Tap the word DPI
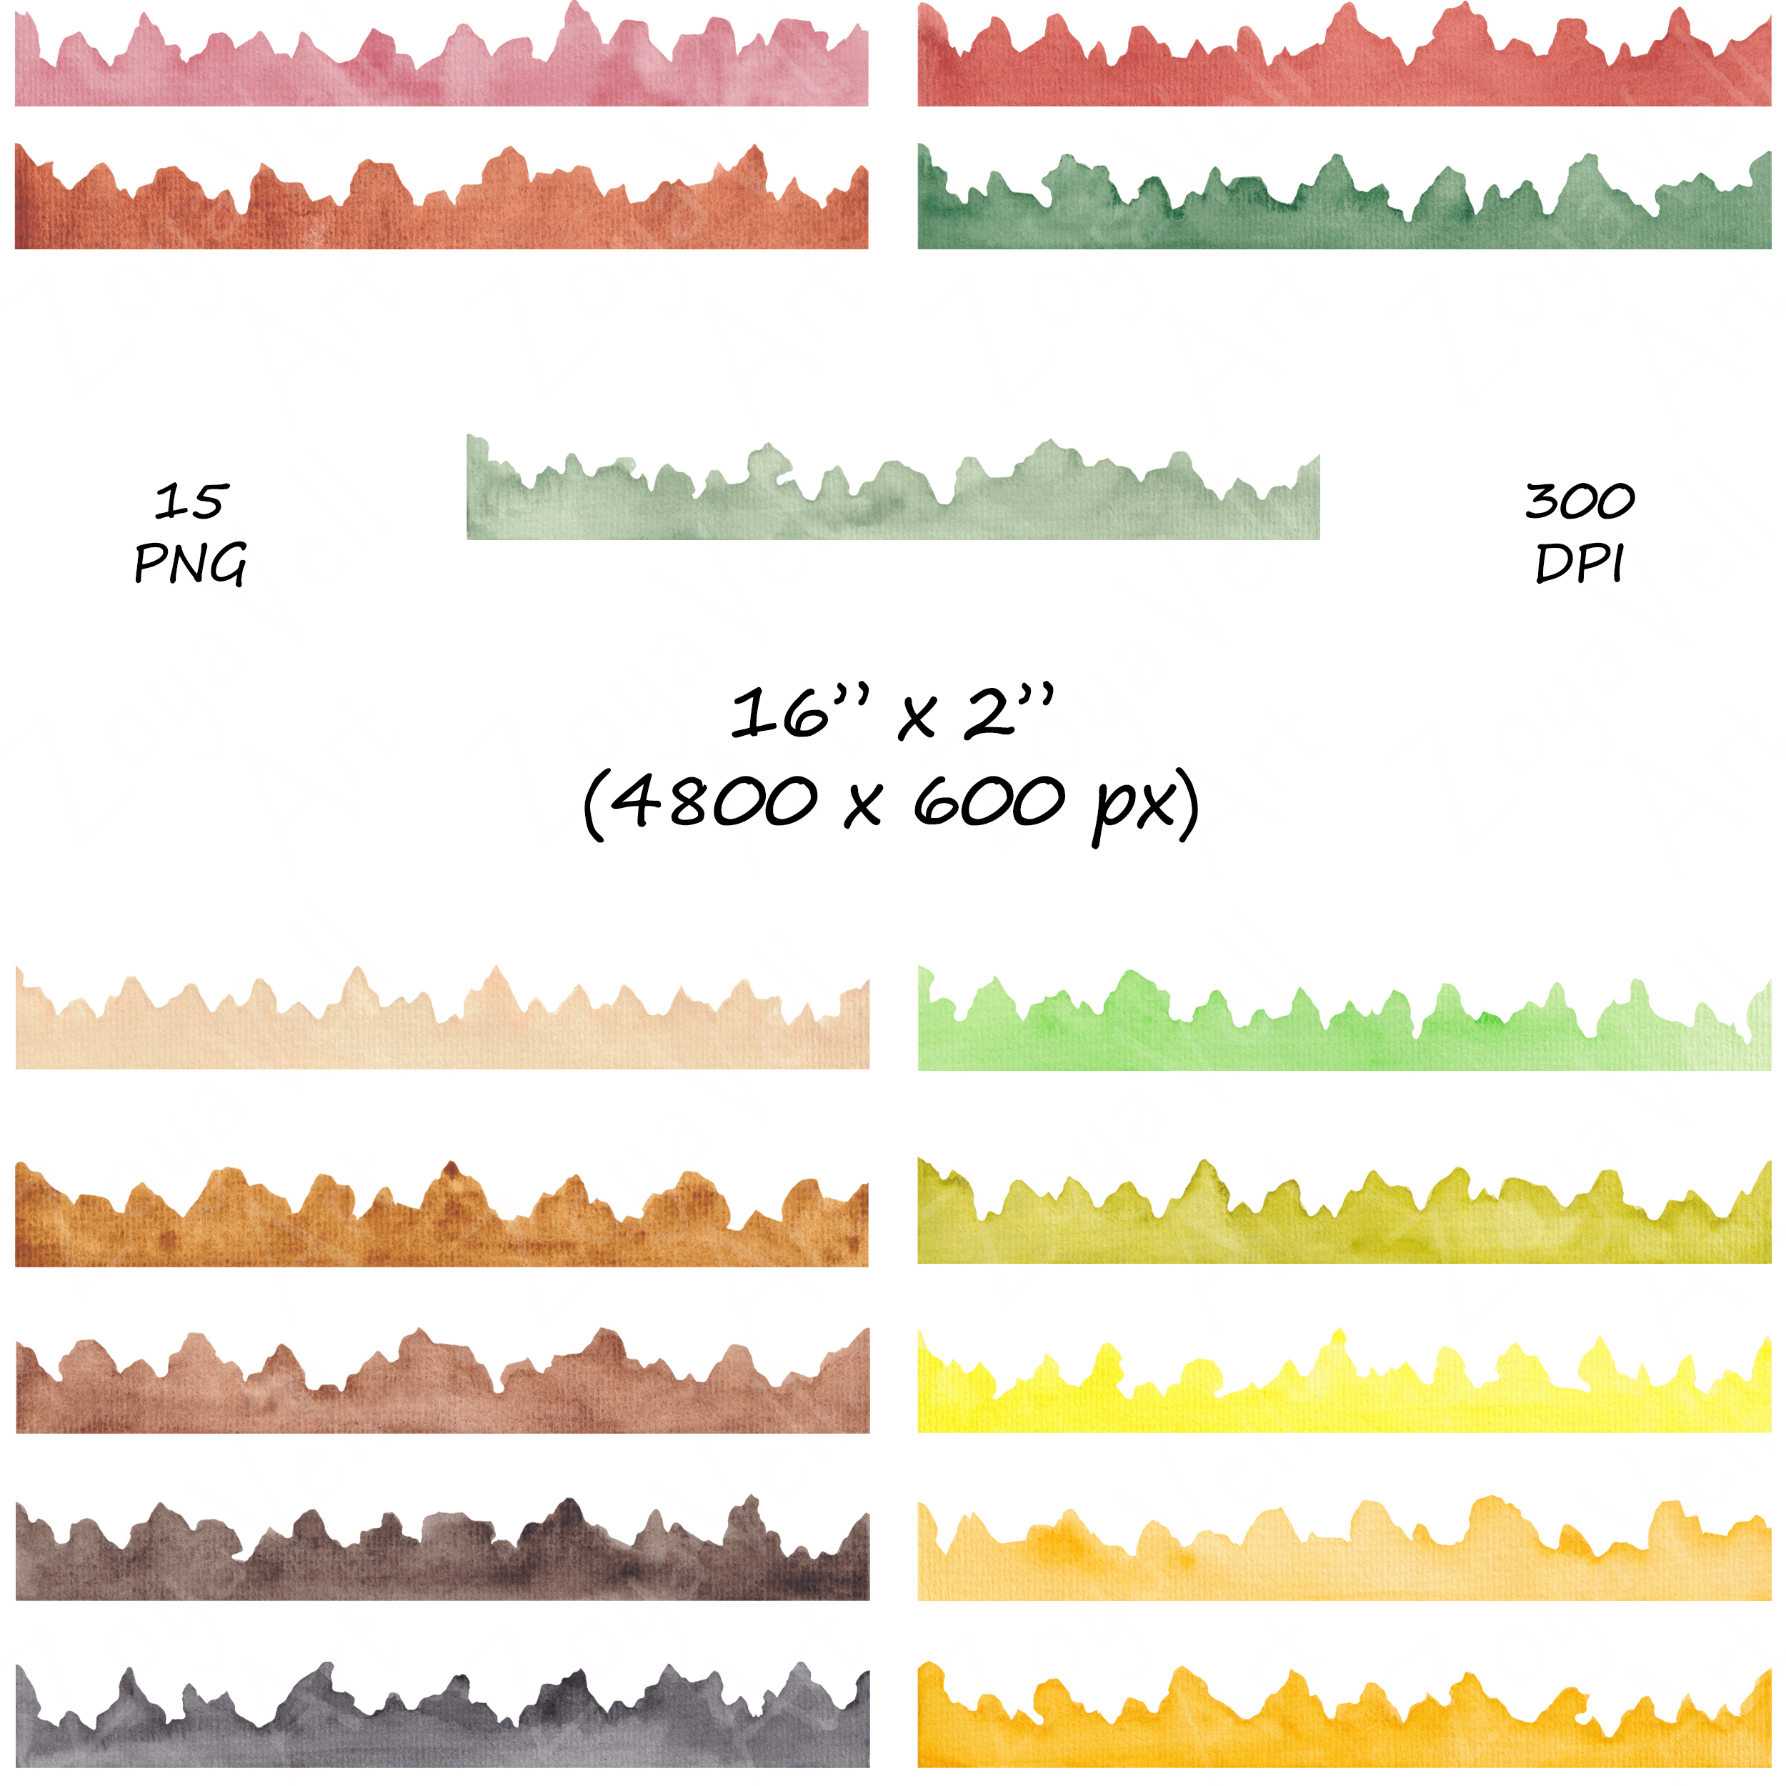click(x=1579, y=563)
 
